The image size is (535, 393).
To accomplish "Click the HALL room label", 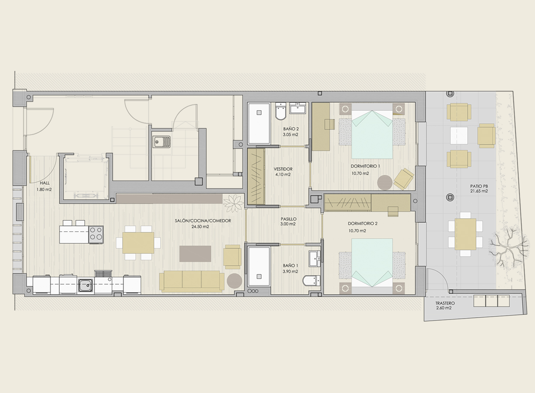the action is (x=45, y=183).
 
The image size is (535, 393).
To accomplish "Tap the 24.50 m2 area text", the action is (x=200, y=227).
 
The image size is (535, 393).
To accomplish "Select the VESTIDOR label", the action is (x=283, y=169).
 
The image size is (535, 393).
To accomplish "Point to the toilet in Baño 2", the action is (x=280, y=111).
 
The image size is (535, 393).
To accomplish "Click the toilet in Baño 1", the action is (x=311, y=281).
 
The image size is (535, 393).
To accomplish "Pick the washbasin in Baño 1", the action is (x=315, y=258).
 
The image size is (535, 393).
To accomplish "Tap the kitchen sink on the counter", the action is (x=86, y=286).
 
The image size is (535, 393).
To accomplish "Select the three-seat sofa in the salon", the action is (x=192, y=281).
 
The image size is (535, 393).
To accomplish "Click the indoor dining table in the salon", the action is (x=138, y=243).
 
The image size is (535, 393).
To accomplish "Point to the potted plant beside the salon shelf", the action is (x=233, y=203).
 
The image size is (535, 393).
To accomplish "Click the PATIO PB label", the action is (x=479, y=186).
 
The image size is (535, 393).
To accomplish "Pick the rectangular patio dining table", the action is (x=465, y=234).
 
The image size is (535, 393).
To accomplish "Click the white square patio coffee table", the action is (x=459, y=135).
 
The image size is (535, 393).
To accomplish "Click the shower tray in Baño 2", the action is (x=259, y=123).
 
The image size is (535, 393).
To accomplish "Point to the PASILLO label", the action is (x=288, y=219).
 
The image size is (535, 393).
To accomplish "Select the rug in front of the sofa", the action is (x=195, y=254).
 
